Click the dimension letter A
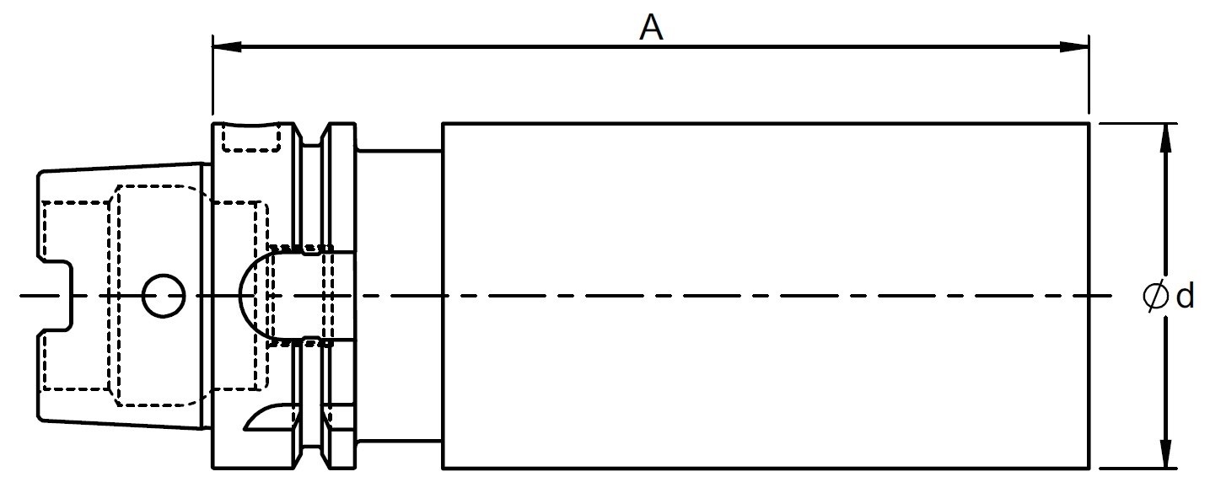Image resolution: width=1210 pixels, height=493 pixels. [651, 28]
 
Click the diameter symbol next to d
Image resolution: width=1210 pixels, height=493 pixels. [1156, 296]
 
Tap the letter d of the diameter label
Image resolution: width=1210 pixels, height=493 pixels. [1186, 296]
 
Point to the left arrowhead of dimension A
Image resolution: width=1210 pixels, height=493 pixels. [227, 46]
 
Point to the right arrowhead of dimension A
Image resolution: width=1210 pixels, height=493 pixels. [1074, 46]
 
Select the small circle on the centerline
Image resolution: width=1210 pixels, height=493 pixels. [164, 296]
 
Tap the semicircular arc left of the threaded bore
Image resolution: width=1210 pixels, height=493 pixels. [239, 296]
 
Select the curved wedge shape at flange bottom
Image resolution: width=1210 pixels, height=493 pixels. [270, 417]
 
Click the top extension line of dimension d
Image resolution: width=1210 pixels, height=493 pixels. [1138, 123]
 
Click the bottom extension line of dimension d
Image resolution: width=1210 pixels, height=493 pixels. [1138, 469]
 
